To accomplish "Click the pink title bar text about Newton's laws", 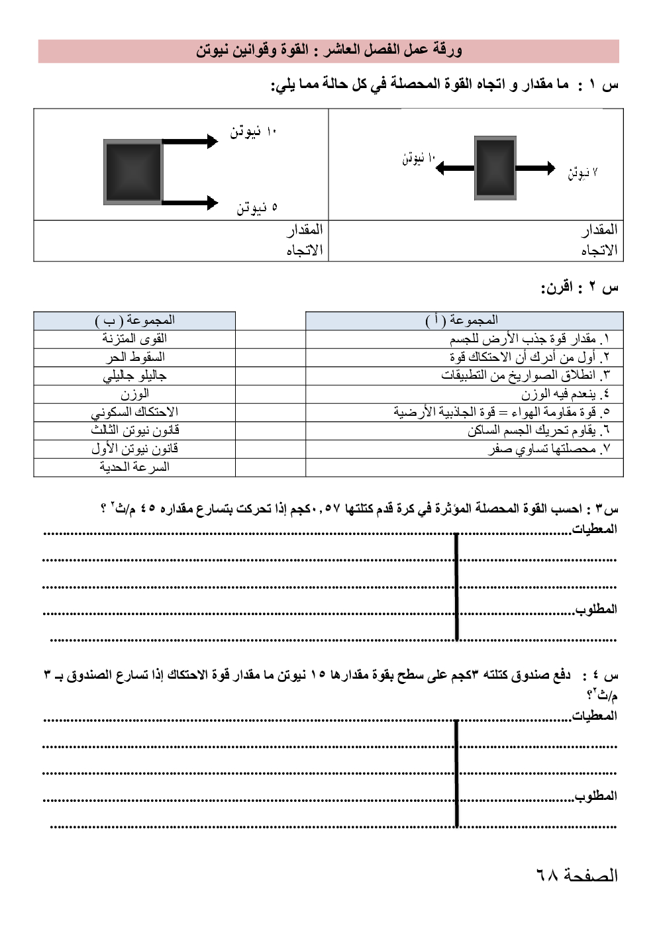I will pos(328,50).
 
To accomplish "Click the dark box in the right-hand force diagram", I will pos(495,168).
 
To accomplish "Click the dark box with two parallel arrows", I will pos(133,171).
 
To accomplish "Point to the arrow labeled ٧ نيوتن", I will pos(535,168).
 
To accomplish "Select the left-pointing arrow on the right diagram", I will pos(456,168).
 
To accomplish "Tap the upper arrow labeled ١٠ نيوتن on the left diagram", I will pos(189,141).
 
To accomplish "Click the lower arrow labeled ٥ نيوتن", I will pos(189,203).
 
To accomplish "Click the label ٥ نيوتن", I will pos(257,208).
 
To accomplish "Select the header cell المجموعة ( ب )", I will pos(134,320).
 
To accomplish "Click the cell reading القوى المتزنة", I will pos(134,338).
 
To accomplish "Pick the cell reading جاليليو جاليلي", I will pos(134,375).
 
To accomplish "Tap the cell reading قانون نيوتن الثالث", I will pos(134,430).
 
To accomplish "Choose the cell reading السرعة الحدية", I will pos(134,467).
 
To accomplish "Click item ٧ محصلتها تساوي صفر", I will pos(549,449).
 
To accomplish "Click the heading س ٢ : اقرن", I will pos(580,287).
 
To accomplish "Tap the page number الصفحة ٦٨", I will pos(576,875).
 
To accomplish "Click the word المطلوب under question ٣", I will pos(596,609).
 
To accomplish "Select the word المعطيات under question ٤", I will pos(594,716).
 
